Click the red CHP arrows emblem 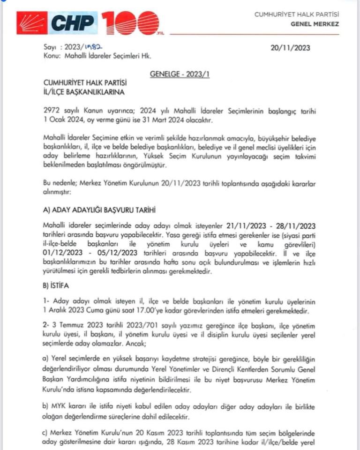(32, 22)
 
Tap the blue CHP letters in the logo (73, 22)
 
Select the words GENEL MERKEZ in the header (315, 24)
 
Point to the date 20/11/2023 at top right (290, 48)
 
